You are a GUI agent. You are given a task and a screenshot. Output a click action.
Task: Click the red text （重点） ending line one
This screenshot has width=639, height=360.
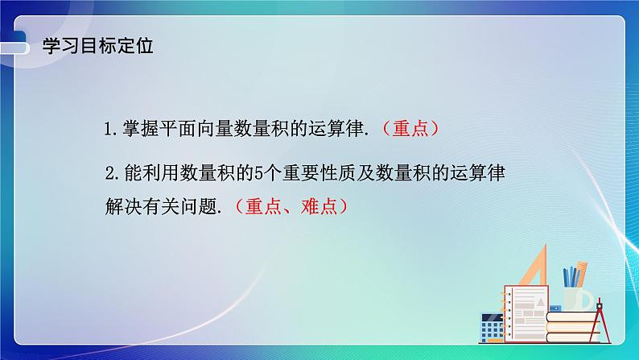(413, 128)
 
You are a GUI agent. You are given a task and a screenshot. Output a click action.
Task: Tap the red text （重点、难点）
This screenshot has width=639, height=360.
(292, 206)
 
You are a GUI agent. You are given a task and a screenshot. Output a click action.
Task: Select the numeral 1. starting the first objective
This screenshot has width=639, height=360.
(112, 129)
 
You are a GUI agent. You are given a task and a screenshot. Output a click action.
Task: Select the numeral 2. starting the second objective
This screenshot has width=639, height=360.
(113, 172)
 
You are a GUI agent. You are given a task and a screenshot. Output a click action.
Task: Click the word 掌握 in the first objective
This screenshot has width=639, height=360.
(138, 129)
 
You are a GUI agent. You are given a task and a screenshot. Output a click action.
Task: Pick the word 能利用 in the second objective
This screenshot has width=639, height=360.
(149, 172)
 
